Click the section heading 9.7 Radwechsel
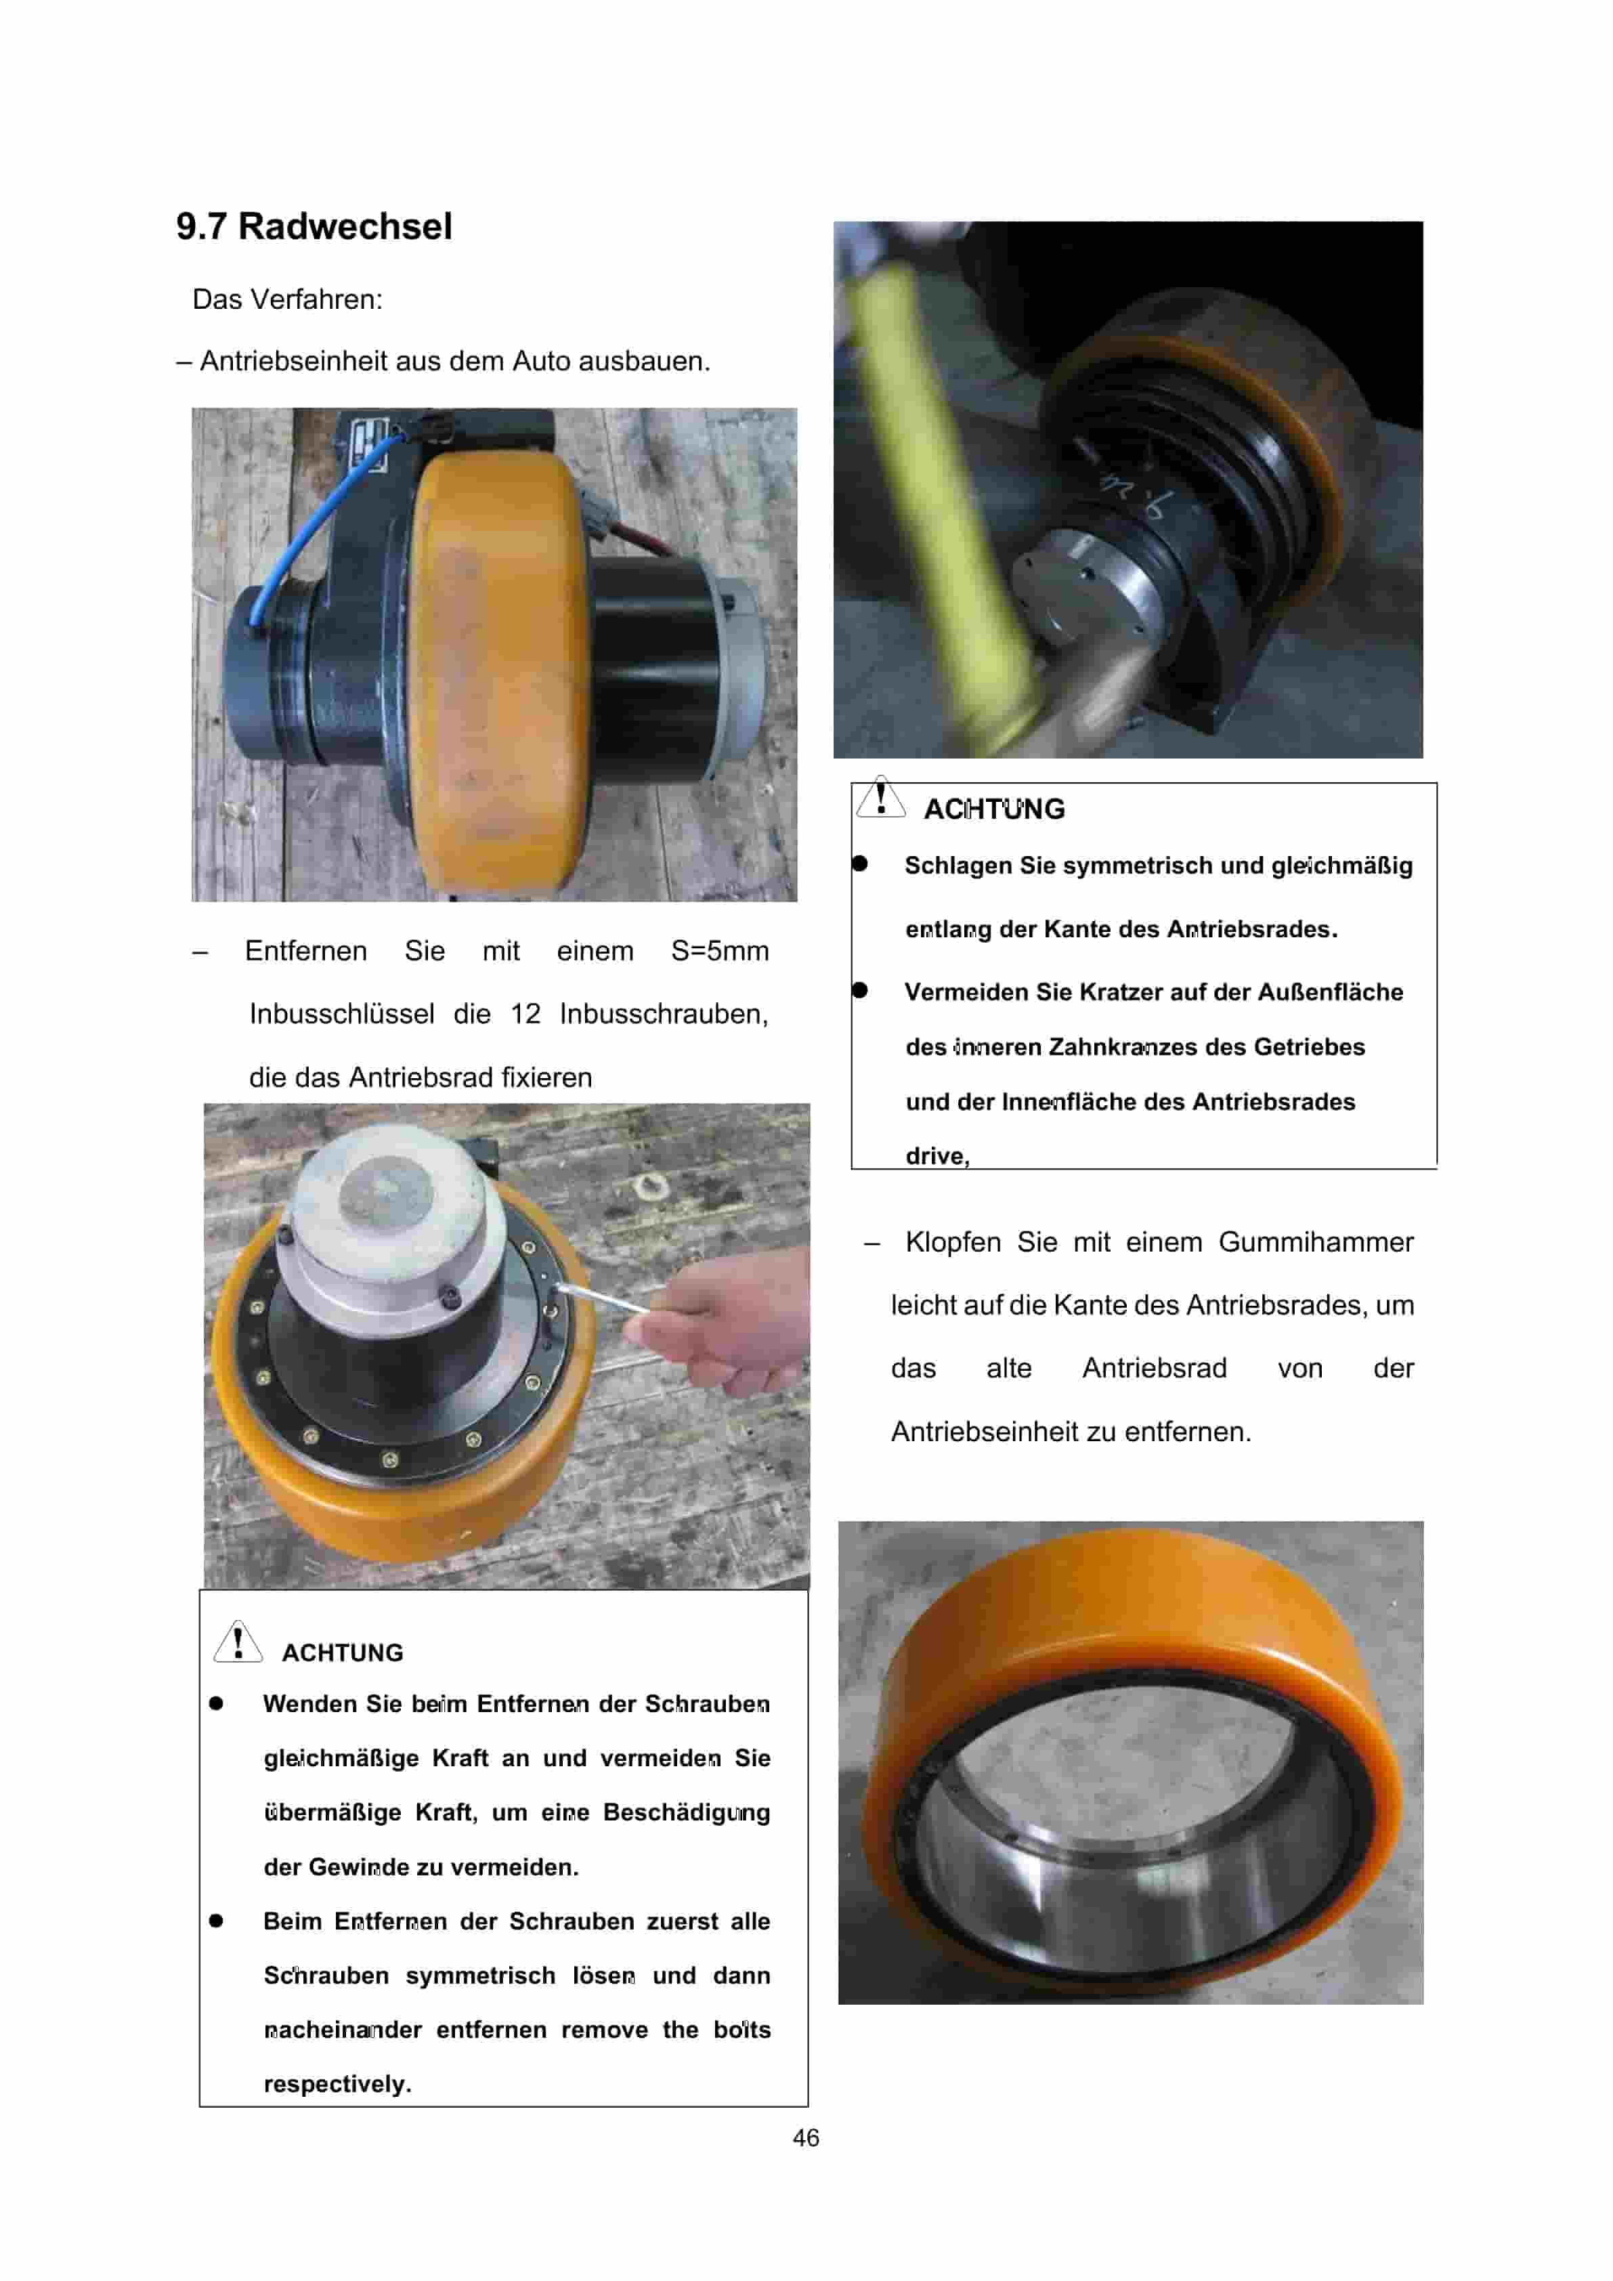(314, 226)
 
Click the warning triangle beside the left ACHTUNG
(238, 1641)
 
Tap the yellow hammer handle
(934, 496)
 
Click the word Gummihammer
(1315, 1242)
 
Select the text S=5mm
(719, 951)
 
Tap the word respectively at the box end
(337, 2083)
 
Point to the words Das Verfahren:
(287, 299)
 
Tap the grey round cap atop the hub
(387, 1190)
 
